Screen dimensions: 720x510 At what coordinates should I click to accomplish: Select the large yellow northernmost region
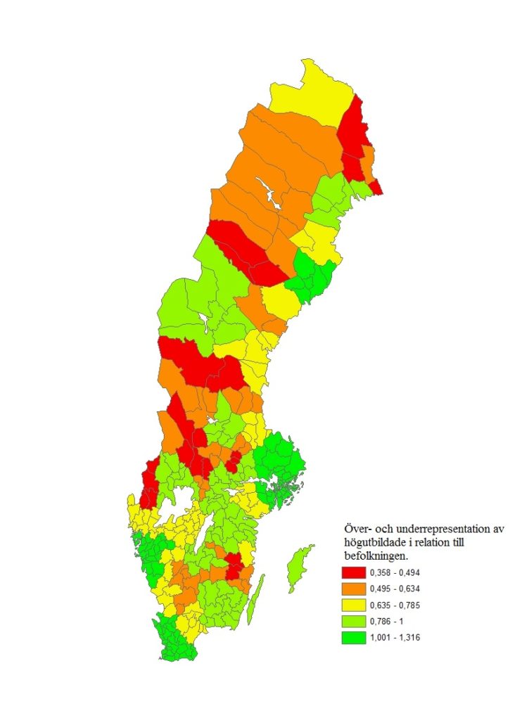click(x=310, y=91)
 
